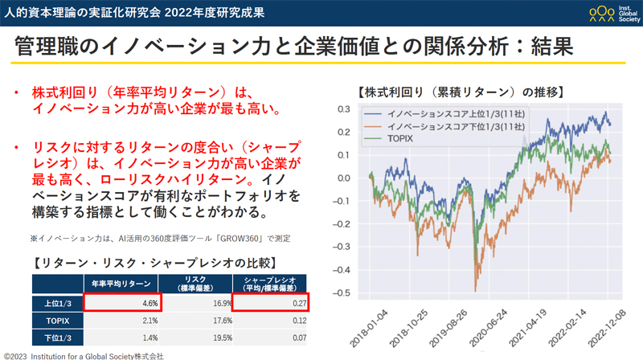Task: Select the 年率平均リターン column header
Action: (122, 282)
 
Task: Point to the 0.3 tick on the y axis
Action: (343, 109)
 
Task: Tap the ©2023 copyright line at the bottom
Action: (84, 354)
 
